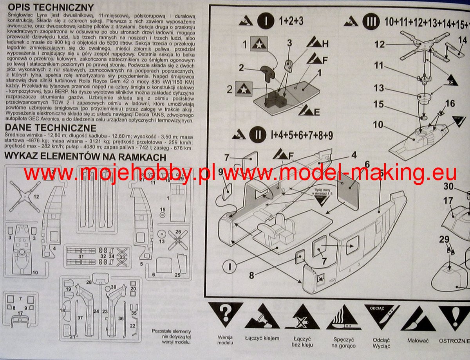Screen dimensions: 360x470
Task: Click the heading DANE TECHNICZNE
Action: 51,128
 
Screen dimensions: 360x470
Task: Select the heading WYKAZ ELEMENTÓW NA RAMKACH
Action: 85,157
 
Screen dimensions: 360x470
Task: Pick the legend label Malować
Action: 418,340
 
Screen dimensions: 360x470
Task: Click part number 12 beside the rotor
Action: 379,44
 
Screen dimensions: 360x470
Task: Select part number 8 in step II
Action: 251,275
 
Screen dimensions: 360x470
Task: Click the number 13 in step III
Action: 379,88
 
